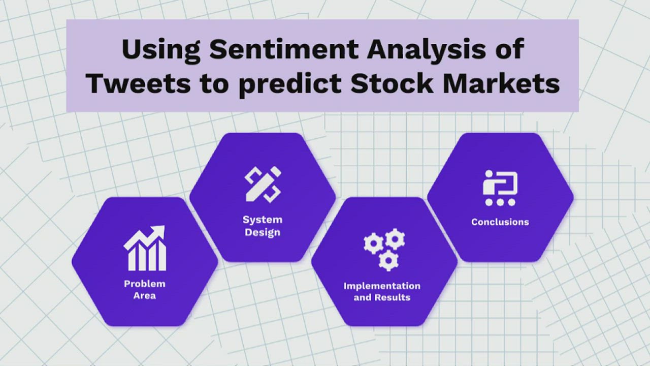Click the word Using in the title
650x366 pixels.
[x=161, y=51]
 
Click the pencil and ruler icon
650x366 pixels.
[x=263, y=184]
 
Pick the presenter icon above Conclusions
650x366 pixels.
[x=500, y=188]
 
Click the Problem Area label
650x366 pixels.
[x=145, y=289]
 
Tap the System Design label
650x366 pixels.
[x=263, y=226]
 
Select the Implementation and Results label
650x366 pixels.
[x=382, y=291]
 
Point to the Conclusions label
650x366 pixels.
[x=500, y=222]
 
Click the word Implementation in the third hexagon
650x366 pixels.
[x=382, y=286]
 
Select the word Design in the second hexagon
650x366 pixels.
[x=263, y=233]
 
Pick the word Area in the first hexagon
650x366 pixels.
[x=145, y=295]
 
